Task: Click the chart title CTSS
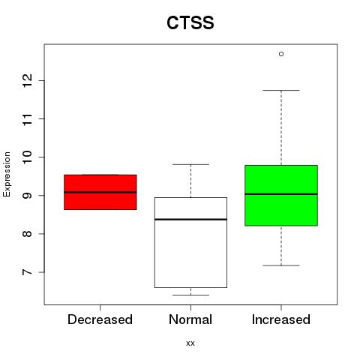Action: coord(190,22)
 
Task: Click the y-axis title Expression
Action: coord(7,174)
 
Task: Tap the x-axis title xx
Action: coord(190,343)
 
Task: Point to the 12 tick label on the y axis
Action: coord(28,80)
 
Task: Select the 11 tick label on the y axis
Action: coord(28,118)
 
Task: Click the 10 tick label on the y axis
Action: coord(28,157)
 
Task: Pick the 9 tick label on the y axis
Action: coord(28,195)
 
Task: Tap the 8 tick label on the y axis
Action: coord(28,234)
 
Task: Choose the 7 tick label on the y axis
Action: coord(28,272)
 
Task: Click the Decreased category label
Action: coord(100,319)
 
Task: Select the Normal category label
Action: coord(190,319)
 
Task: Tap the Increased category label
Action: coord(281,319)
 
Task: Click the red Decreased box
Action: coord(100,192)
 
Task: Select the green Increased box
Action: coord(281,196)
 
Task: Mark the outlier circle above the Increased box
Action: coord(281,54)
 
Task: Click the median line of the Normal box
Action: coord(190,219)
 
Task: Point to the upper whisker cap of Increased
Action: coord(281,90)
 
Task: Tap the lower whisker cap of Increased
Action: coord(281,265)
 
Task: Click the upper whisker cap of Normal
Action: coord(190,164)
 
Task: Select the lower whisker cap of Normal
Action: coord(190,295)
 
